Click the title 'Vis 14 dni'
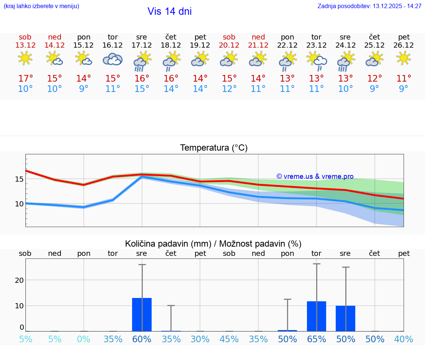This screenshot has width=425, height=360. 169,11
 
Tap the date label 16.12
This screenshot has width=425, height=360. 113,45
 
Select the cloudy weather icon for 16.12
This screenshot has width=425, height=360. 113,59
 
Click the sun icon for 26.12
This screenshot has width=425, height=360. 404,58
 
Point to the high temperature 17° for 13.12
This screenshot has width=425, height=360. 25,79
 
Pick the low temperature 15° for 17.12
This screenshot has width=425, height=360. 142,89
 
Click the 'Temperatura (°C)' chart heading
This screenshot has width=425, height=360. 214,148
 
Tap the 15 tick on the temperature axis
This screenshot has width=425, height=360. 19,179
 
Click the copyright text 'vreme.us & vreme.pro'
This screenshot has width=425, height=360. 315,176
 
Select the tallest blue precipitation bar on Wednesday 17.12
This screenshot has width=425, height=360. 142,315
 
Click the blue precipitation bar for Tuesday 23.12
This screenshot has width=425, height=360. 317,316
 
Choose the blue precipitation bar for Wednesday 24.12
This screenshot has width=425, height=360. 345,318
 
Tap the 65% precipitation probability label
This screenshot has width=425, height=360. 317,339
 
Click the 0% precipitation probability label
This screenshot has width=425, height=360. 84,339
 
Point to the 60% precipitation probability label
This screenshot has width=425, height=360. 142,339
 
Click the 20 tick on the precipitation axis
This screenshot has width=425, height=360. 19,280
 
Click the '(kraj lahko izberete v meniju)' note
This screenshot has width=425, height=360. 41,6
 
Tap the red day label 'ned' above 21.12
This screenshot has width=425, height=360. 258,37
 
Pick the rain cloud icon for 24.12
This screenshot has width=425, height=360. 345,61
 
